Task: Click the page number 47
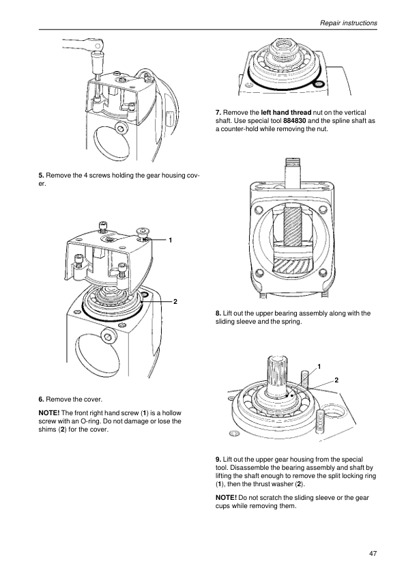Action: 373,554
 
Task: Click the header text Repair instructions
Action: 349,23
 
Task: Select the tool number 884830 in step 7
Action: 295,121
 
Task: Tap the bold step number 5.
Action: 42,176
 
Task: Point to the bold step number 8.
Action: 218,313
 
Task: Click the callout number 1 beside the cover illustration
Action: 171,240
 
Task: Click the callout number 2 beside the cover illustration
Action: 175,301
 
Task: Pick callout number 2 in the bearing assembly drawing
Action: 336,380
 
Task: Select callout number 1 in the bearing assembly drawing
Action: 319,366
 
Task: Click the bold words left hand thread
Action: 286,113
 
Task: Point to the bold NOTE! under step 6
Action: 48,413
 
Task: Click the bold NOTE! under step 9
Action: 226,498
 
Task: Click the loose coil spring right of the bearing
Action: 320,421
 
